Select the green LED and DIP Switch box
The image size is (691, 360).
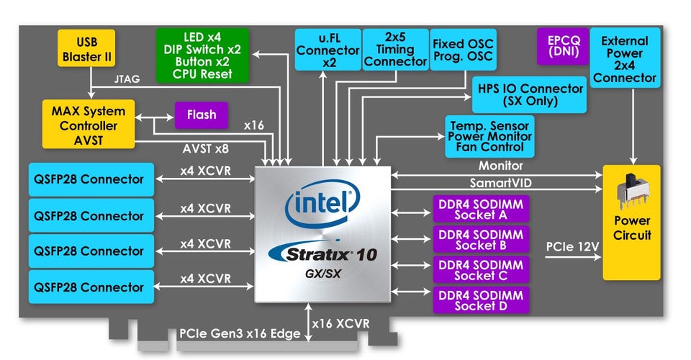(x=202, y=55)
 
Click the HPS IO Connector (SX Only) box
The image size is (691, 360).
(x=530, y=94)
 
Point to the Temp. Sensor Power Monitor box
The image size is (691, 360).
(x=489, y=136)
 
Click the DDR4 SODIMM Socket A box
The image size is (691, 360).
(x=481, y=209)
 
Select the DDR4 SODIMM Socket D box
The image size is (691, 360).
(x=481, y=300)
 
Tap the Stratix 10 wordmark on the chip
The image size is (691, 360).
(x=322, y=253)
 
